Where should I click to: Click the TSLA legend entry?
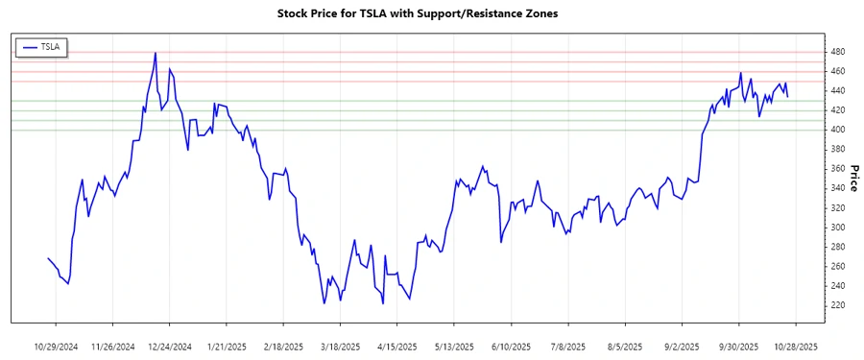41,46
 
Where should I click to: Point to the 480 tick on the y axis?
837,51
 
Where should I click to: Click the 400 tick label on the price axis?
837,130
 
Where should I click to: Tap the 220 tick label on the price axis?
837,306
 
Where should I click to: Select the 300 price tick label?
837,228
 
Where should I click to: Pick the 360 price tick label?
837,169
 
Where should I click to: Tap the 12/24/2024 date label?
170,346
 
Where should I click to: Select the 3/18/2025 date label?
340,346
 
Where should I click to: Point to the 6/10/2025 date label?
510,346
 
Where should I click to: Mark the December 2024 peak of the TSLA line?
155,53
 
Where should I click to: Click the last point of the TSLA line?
788,96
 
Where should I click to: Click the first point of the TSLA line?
48,258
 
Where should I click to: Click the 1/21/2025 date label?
227,346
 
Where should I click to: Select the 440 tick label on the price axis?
837,90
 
